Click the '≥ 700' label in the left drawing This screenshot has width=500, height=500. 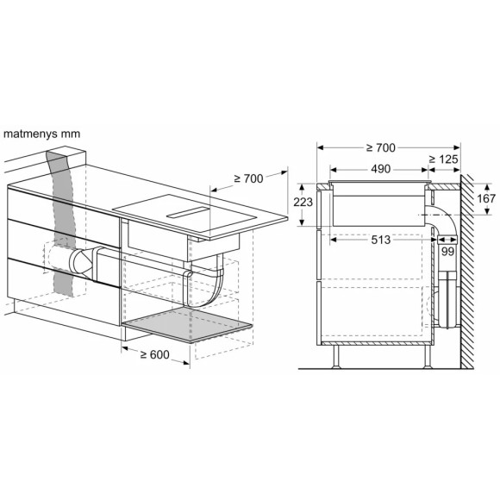pyautogui.click(x=249, y=180)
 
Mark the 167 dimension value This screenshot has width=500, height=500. pyautogui.click(x=486, y=199)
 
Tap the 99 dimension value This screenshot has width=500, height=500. pyautogui.click(x=447, y=251)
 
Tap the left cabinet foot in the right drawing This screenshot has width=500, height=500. pyautogui.click(x=334, y=355)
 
